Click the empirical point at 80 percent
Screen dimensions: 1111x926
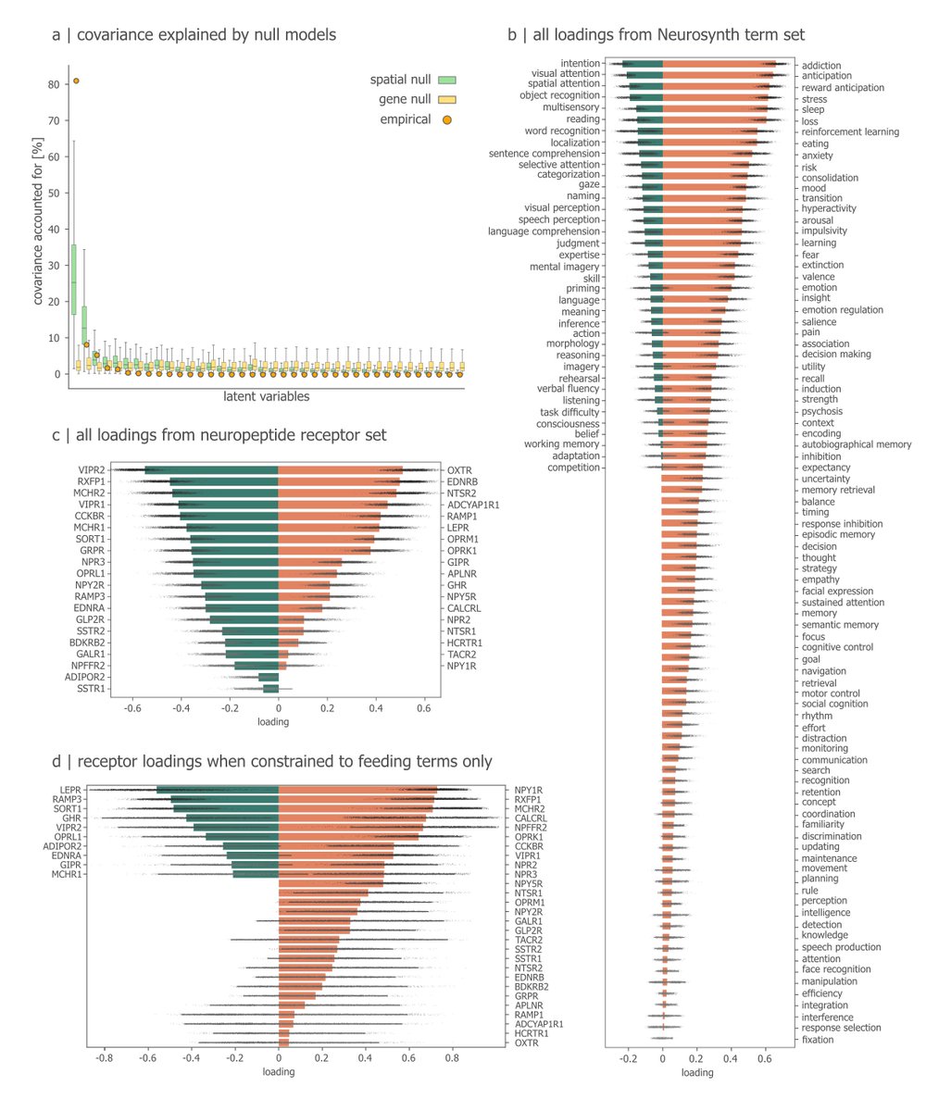[76, 81]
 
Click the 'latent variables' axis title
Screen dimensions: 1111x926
[266, 397]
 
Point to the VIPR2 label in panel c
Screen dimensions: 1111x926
[92, 470]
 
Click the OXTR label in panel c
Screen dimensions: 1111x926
[461, 470]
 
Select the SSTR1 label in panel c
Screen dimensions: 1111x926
[92, 689]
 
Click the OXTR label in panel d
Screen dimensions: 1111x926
[528, 1043]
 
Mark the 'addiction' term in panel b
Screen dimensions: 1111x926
[820, 65]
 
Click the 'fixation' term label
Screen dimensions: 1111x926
[819, 1040]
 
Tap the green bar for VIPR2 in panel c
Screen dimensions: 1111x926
[211, 470]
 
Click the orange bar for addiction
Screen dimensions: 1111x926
[718, 63]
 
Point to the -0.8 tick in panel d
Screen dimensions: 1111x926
[104, 1058]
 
